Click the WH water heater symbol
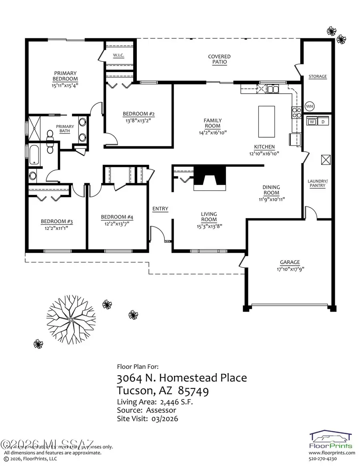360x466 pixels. [309, 106]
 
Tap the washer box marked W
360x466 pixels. [312, 121]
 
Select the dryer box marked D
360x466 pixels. [323, 121]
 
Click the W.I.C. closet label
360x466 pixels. [118, 56]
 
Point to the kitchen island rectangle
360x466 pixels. [266, 121]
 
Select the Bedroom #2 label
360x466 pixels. [138, 113]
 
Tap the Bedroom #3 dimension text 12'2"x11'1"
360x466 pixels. [56, 228]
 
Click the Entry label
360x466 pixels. [160, 209]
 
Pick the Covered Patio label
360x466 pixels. [219, 59]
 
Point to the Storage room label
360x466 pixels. [317, 76]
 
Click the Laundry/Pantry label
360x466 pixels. [317, 183]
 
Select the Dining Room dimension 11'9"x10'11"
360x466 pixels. [271, 199]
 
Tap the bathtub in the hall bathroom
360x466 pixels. [34, 155]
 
